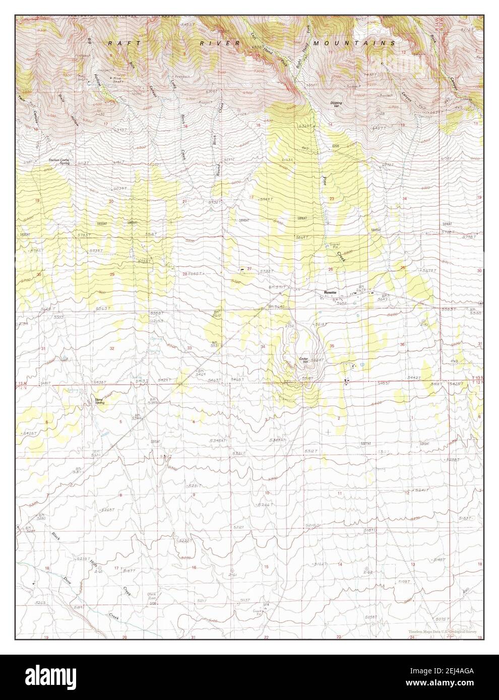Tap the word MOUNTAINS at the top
pyautogui.click(x=355, y=44)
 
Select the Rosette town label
pyautogui.click(x=330, y=292)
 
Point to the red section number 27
pyautogui.click(x=249, y=268)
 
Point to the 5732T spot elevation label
pyautogui.click(x=267, y=271)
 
